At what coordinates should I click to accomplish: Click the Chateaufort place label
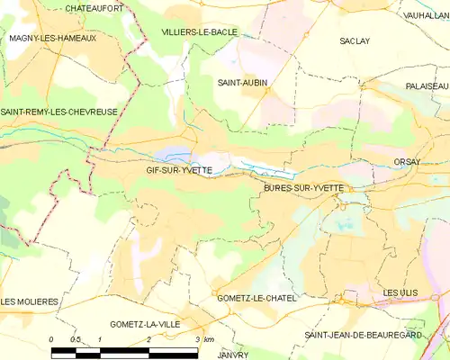click(94, 8)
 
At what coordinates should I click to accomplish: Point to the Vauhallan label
click(427, 15)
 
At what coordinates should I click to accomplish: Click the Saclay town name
click(355, 40)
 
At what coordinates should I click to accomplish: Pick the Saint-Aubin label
click(242, 82)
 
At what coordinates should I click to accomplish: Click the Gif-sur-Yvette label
click(179, 169)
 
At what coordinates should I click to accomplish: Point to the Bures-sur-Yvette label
click(303, 187)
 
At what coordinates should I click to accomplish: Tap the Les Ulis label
click(401, 293)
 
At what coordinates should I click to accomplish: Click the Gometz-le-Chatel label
click(256, 297)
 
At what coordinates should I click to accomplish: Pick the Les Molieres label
click(29, 301)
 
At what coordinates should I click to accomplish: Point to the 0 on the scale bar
click(51, 339)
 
